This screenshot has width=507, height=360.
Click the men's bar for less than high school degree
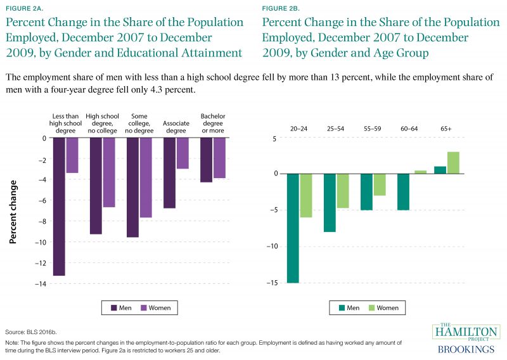pos(59,206)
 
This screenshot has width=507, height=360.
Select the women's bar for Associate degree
pos(183,153)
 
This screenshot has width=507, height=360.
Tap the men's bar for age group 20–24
pos(293,228)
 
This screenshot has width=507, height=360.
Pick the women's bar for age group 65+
pos(453,162)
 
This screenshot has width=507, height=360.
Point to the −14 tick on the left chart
pos(42,284)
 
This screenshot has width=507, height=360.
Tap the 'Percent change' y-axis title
pos(14,211)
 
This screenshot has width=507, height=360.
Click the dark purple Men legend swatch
pos(114,308)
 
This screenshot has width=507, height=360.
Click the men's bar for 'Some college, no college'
pos(133,187)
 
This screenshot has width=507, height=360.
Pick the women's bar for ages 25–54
pos(343,190)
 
